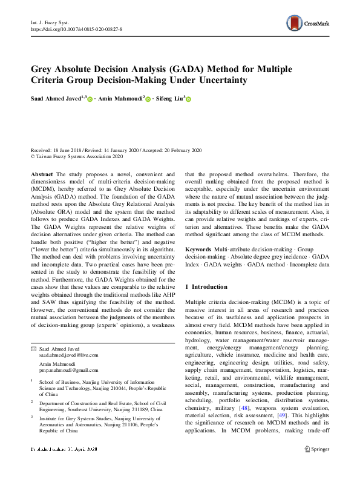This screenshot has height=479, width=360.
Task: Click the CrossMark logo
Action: click(308, 23)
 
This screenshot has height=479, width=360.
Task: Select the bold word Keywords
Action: click(198, 249)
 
